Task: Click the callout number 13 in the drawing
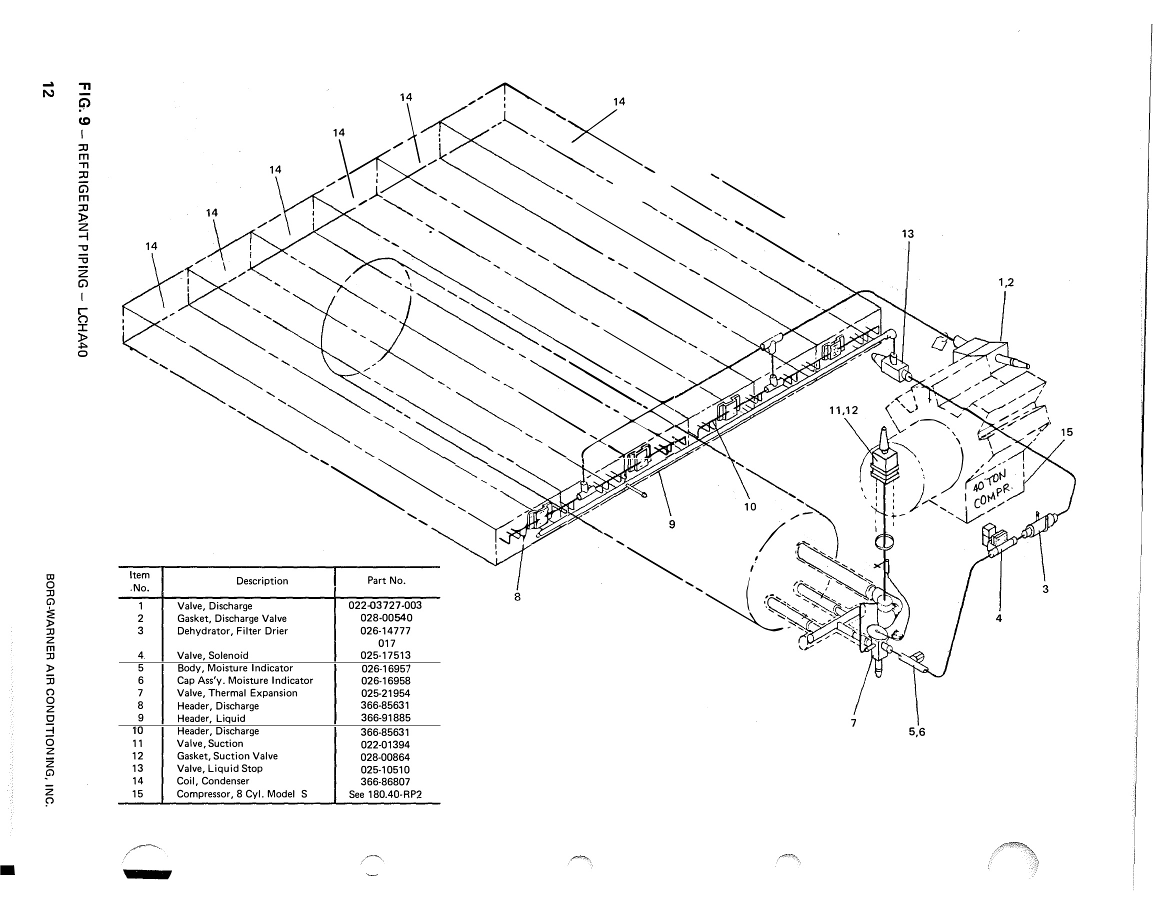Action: click(907, 234)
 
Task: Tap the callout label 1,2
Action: click(1005, 282)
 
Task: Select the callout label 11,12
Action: click(843, 410)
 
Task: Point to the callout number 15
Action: click(1066, 432)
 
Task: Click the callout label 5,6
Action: click(916, 731)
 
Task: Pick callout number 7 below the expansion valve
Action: click(853, 723)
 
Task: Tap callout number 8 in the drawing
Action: click(517, 597)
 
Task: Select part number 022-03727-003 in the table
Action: click(385, 605)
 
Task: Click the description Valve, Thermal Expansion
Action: click(237, 693)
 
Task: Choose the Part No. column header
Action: click(386, 580)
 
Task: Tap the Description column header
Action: click(262, 581)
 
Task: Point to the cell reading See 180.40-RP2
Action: click(385, 794)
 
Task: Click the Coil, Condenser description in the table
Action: click(213, 781)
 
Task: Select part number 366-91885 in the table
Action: click(385, 718)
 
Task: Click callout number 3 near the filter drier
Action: click(1045, 589)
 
